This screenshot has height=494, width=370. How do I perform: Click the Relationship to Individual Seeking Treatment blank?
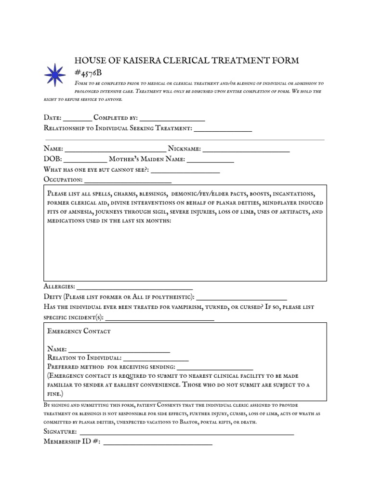point(223,130)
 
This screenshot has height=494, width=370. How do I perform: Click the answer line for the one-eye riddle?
point(186,171)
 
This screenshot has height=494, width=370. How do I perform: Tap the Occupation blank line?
point(128,182)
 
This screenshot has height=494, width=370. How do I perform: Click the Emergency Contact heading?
point(79,331)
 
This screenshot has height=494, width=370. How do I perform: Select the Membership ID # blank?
point(158,443)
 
